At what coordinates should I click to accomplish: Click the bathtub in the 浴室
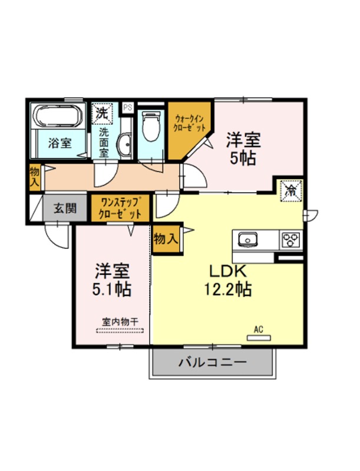(x=58, y=116)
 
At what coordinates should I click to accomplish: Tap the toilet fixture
(x=152, y=127)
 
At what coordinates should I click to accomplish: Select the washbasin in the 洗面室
(x=124, y=145)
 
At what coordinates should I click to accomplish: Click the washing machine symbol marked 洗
(x=102, y=114)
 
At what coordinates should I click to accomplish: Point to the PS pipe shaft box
(x=128, y=108)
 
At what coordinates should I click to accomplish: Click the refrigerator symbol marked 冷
(x=291, y=191)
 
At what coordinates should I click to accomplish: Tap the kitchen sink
(x=248, y=240)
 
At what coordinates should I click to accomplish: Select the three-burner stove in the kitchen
(x=291, y=240)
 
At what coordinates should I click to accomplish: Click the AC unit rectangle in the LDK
(x=259, y=338)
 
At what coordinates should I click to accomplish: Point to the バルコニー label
(x=213, y=362)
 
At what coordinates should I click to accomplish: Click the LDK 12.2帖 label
(x=228, y=281)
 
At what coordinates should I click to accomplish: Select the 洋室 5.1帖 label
(x=112, y=280)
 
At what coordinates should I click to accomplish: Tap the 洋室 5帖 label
(x=243, y=148)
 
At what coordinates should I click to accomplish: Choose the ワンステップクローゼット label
(x=120, y=208)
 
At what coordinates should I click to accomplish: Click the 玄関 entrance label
(x=65, y=208)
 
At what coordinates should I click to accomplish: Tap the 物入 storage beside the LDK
(x=166, y=239)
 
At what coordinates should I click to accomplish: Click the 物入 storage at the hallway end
(x=35, y=177)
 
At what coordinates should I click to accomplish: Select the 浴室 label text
(x=60, y=143)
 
